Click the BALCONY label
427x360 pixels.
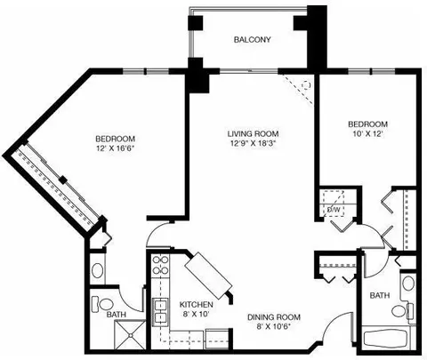252,39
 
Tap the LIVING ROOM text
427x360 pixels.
253,133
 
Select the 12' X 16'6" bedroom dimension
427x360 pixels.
116,148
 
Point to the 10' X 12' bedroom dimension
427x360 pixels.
368,133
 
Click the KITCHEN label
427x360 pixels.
197,304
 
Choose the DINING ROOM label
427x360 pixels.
274,317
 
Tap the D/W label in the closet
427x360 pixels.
334,210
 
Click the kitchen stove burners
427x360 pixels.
160,266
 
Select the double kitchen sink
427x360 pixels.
160,312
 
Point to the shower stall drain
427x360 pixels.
130,335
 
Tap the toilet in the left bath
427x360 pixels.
102,304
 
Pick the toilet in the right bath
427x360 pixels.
402,310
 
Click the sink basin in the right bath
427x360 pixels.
408,284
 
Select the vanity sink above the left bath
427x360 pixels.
97,270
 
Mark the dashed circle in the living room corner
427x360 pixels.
306,85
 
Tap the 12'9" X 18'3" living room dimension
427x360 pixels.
253,143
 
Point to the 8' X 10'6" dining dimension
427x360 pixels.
273,327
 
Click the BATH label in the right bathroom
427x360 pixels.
380,295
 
